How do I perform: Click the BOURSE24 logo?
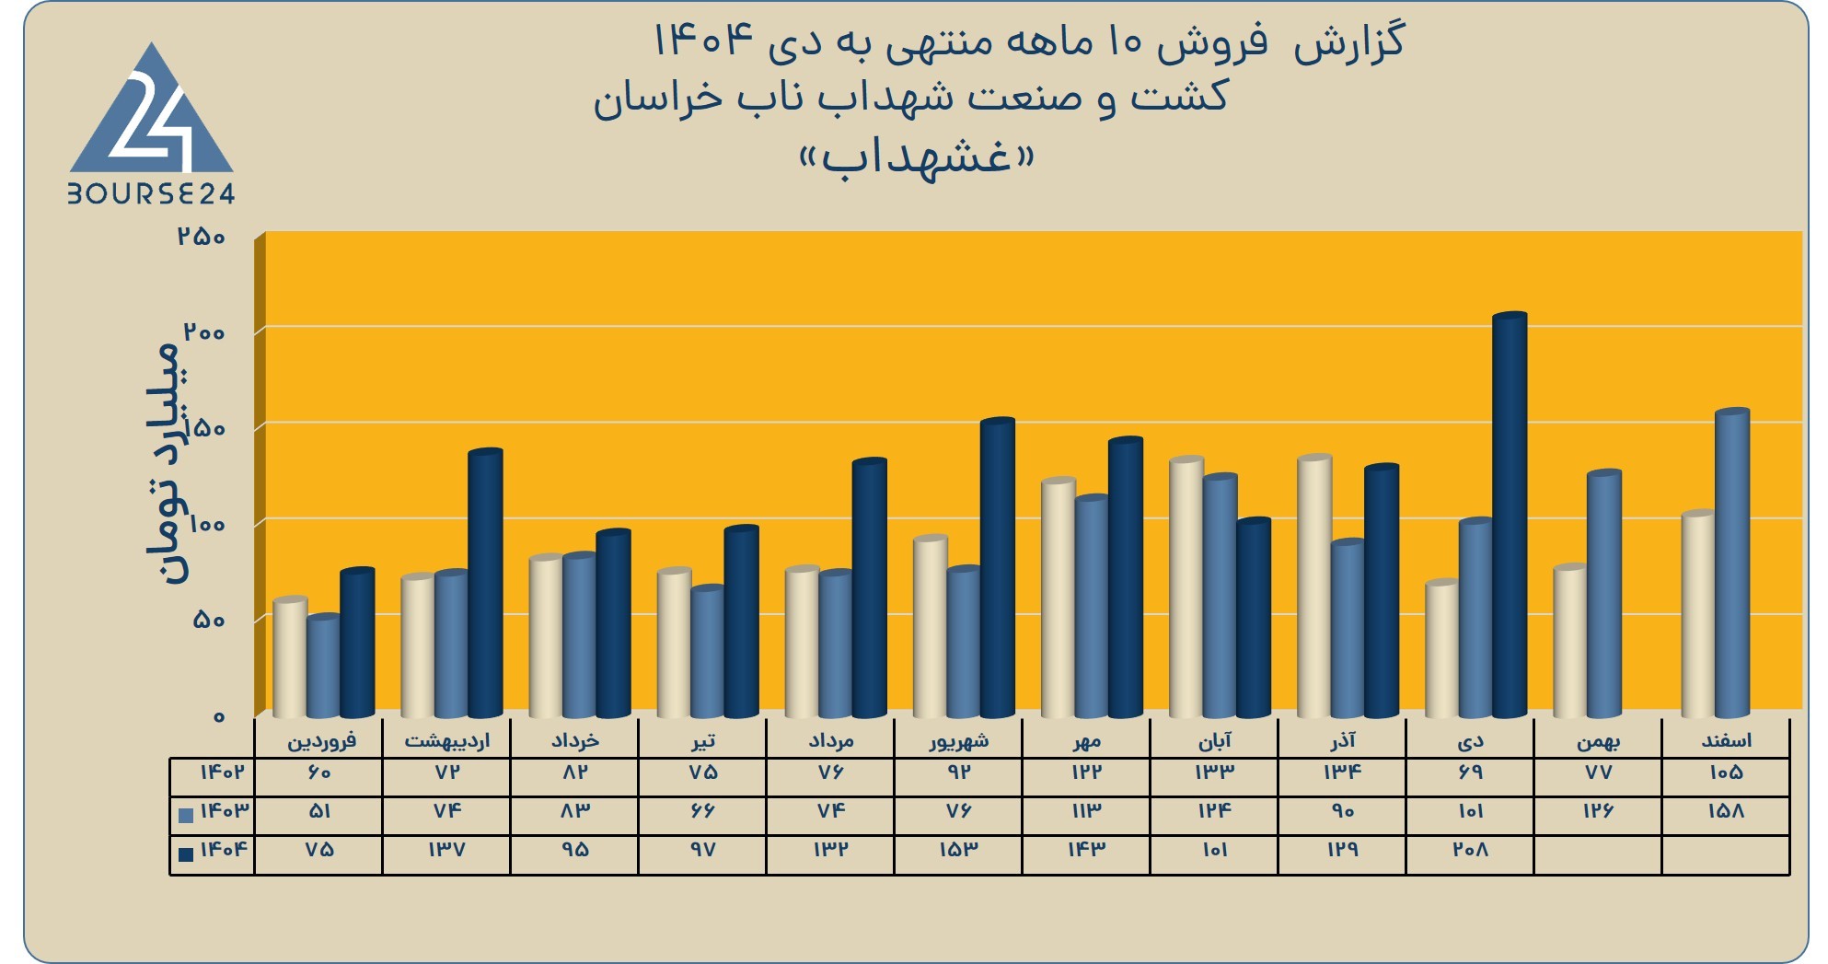pyautogui.click(x=152, y=124)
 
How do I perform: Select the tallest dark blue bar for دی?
pyautogui.click(x=1510, y=516)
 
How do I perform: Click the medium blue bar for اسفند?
pyautogui.click(x=1732, y=563)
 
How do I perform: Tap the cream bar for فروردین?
pyautogui.click(x=290, y=657)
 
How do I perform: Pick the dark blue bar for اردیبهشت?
pyautogui.click(x=485, y=583)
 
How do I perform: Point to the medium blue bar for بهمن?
pyautogui.click(x=1604, y=594)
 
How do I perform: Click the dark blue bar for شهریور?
pyautogui.click(x=997, y=567)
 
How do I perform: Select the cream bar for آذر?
pyautogui.click(x=1314, y=586)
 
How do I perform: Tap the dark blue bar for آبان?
pyautogui.click(x=1254, y=618)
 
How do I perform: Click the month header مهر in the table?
pyautogui.click(x=1086, y=740)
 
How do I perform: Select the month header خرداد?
pyautogui.click(x=574, y=740)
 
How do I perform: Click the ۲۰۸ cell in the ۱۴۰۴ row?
pyautogui.click(x=1470, y=850)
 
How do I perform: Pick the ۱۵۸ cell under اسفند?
pyautogui.click(x=1726, y=811)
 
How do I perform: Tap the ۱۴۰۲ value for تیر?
pyautogui.click(x=702, y=772)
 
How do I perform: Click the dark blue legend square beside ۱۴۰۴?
pyautogui.click(x=186, y=854)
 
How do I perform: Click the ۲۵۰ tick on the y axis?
pyautogui.click(x=202, y=237)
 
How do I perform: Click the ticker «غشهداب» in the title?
pyautogui.click(x=916, y=157)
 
